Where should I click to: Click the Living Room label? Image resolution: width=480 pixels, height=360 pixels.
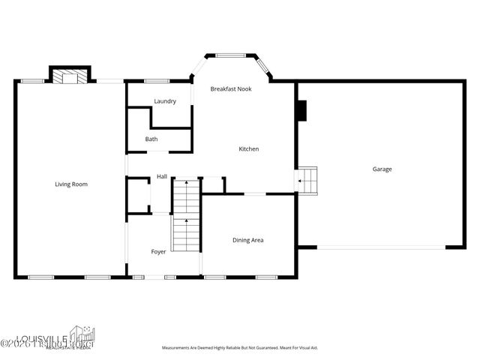click(x=71, y=184)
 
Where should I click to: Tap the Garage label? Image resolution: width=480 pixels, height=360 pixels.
click(x=382, y=169)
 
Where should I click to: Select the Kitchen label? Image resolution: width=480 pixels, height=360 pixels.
click(x=249, y=149)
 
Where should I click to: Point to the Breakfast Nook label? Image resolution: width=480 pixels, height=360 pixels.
click(x=231, y=88)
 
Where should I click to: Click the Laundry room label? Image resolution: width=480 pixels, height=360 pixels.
click(x=165, y=101)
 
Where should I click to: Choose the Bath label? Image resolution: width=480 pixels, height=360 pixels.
click(x=151, y=139)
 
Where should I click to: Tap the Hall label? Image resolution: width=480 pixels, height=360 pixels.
click(x=162, y=177)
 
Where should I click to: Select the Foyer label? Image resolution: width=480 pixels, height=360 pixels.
click(x=158, y=251)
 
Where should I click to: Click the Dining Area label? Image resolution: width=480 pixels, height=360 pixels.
click(x=247, y=240)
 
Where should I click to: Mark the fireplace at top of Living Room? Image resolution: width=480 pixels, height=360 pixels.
click(x=70, y=75)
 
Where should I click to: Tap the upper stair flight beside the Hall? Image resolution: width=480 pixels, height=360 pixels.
click(x=186, y=196)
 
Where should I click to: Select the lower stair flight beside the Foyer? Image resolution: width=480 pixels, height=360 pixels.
click(x=185, y=234)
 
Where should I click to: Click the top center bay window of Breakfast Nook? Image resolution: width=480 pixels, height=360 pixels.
click(x=231, y=55)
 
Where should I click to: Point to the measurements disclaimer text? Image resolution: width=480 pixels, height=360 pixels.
click(x=240, y=348)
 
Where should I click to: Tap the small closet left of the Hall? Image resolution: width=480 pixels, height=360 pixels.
click(x=138, y=196)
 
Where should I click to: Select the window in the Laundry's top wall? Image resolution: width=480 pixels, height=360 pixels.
click(x=156, y=81)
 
